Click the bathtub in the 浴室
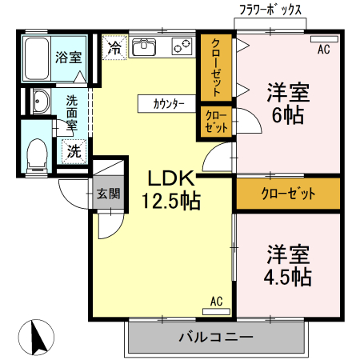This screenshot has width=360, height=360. pyautogui.click(x=36, y=58)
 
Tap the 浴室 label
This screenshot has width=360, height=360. pyautogui.click(x=68, y=57)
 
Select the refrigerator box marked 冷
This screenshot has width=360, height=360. pyautogui.click(x=114, y=46)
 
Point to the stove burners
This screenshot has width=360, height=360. pyautogui.click(x=180, y=47)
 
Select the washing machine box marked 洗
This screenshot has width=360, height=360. pyautogui.click(x=74, y=150)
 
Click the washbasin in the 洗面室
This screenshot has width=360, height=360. pyautogui.click(x=38, y=101)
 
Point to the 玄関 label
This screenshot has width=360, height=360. pyautogui.click(x=109, y=193)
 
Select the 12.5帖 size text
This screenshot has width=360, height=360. pyautogui.click(x=170, y=202)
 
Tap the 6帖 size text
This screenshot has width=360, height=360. pyautogui.click(x=288, y=114)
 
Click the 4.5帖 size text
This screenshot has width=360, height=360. pyautogui.click(x=288, y=277)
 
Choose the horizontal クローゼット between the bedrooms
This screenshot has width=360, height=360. pyautogui.click(x=288, y=193)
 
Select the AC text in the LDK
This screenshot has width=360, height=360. pyautogui.click(x=216, y=301)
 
